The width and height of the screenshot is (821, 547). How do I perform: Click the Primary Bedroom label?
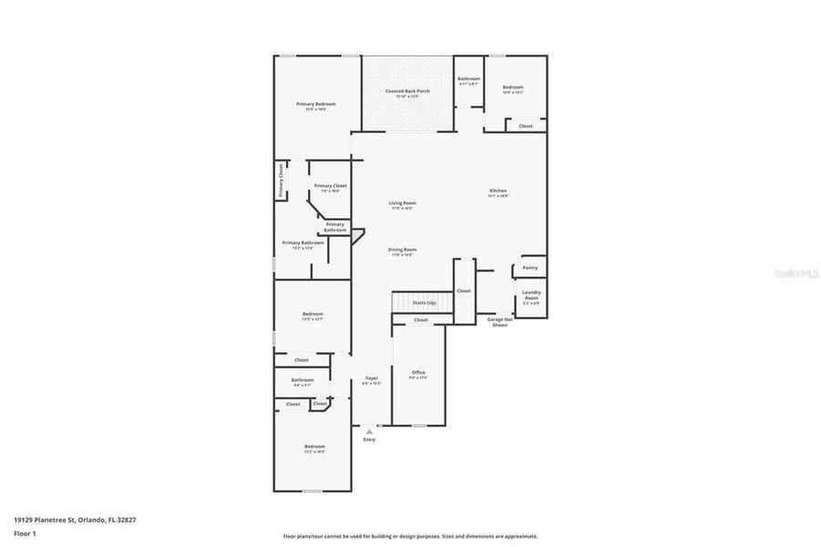coord(316,104)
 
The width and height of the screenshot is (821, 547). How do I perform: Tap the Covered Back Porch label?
coord(407,91)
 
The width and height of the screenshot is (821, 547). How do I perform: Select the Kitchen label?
coord(497,191)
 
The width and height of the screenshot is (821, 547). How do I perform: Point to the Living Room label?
coord(402,203)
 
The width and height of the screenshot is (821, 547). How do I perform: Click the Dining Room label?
coord(402,250)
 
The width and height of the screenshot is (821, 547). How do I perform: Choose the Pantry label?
coord(530,268)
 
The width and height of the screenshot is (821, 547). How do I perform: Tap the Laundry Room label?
coord(530,295)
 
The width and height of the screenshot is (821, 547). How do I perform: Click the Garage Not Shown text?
coord(499,322)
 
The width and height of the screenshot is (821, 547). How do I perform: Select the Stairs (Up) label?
coord(424,303)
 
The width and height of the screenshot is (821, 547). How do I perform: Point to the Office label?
coord(418,372)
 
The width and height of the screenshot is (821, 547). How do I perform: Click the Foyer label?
coord(371,378)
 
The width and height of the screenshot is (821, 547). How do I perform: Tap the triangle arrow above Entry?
coord(369,430)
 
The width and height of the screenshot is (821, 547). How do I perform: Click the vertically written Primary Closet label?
coord(281,180)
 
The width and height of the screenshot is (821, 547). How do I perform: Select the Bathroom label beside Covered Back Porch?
coord(468,79)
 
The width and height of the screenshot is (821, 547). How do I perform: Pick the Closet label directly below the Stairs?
coord(420,320)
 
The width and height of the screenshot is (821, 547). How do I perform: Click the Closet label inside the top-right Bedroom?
coord(526,126)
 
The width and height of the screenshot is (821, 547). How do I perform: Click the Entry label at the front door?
coord(369,439)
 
